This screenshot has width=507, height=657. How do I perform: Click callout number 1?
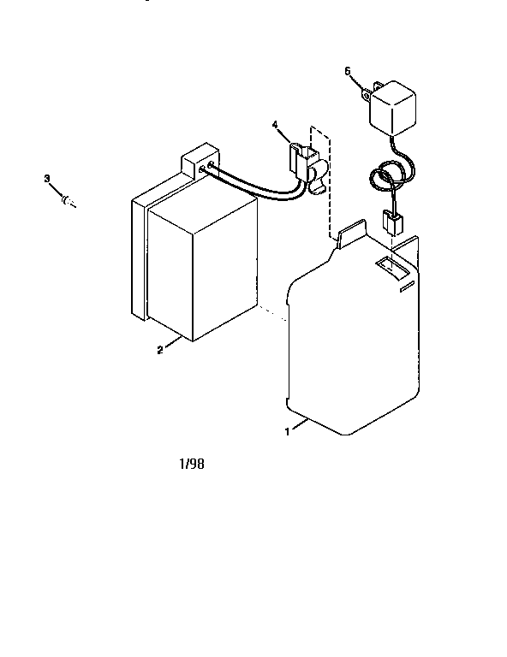coord(287,431)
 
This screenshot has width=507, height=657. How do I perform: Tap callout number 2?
coord(160,350)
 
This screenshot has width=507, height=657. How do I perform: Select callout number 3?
coord(47,179)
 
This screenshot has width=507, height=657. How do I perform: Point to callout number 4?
coord(275,124)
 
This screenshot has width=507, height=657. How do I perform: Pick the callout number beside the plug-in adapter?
coord(348,71)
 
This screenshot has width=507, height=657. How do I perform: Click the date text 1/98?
coord(192,464)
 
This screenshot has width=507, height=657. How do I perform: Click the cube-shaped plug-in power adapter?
coord(392,108)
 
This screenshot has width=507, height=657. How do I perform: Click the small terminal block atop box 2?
coord(200,161)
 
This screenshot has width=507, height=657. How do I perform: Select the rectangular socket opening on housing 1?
coord(391,268)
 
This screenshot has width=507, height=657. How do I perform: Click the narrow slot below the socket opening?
coord(407,287)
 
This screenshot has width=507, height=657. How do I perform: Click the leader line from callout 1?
coord(300,423)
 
